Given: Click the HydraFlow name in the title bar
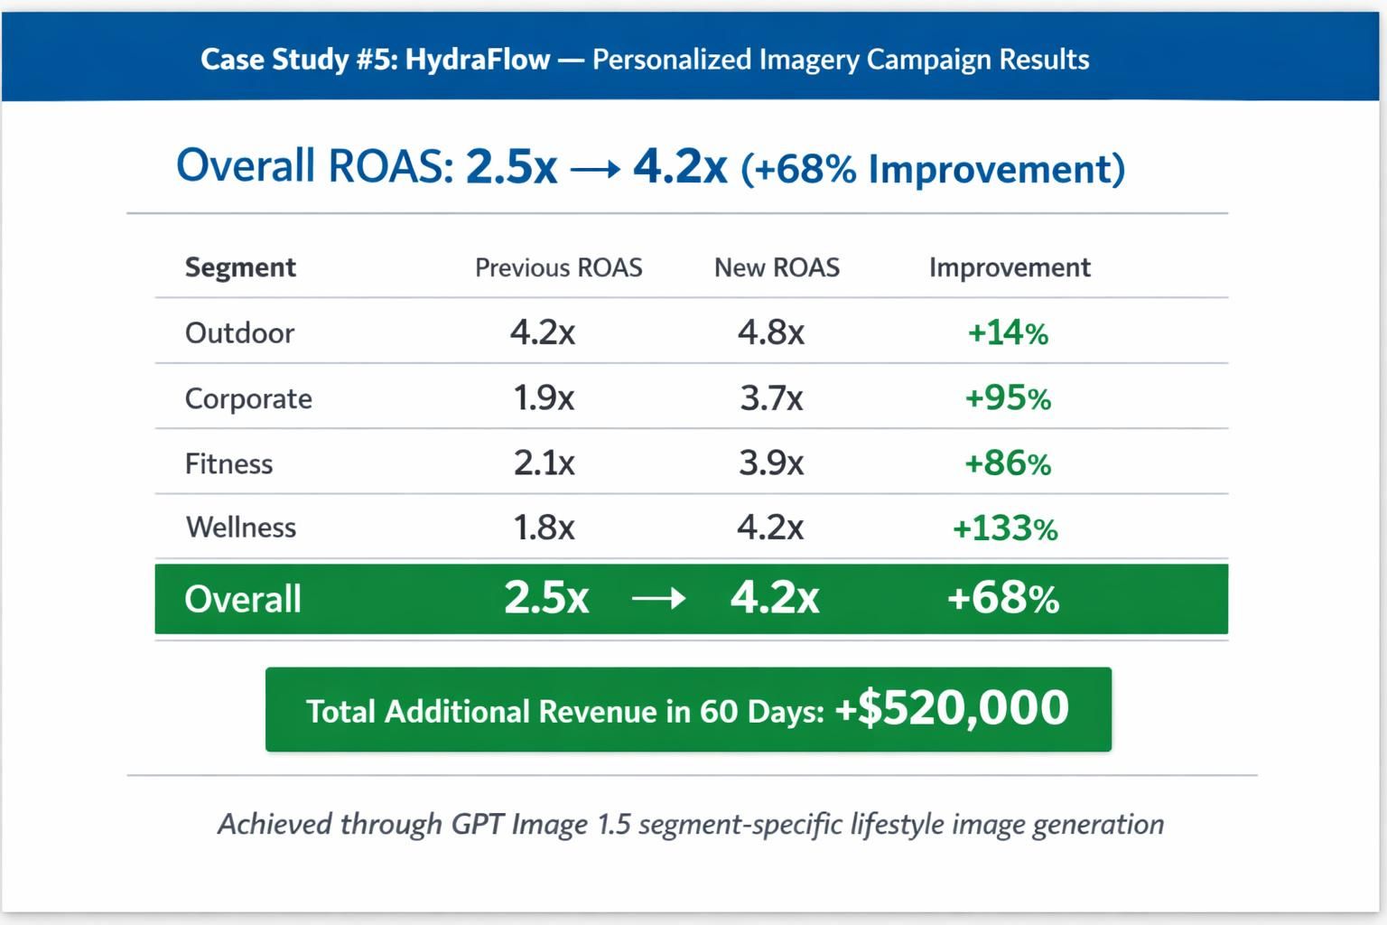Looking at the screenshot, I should pyautogui.click(x=477, y=60).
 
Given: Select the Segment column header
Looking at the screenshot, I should pyautogui.click(x=240, y=267).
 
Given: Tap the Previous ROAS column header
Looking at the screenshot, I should pyautogui.click(x=558, y=267).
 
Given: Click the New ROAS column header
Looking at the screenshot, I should pyautogui.click(x=777, y=267).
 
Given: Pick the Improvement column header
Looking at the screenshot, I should pyautogui.click(x=1010, y=267).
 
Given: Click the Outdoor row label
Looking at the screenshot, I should pyautogui.click(x=239, y=333).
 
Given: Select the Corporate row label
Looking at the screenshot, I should pyautogui.click(x=248, y=398).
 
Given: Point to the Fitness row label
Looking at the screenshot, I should pyautogui.click(x=228, y=463).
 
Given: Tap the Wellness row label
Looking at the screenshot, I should pyautogui.click(x=241, y=528).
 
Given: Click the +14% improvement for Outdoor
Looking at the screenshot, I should pyautogui.click(x=1008, y=333).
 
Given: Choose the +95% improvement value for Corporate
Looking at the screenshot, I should pyautogui.click(x=1008, y=398).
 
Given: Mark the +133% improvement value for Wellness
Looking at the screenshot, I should pyautogui.click(x=1005, y=528).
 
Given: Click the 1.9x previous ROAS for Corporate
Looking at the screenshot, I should pyautogui.click(x=544, y=397).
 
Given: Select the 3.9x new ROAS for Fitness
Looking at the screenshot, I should pyautogui.click(x=771, y=463).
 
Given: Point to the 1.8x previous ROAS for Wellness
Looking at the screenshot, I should pyautogui.click(x=544, y=528).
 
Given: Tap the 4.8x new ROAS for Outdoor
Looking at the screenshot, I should pyautogui.click(x=771, y=332).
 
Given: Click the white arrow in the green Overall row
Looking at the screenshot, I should pyautogui.click(x=658, y=599).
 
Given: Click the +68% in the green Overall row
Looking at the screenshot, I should pyautogui.click(x=1002, y=599).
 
